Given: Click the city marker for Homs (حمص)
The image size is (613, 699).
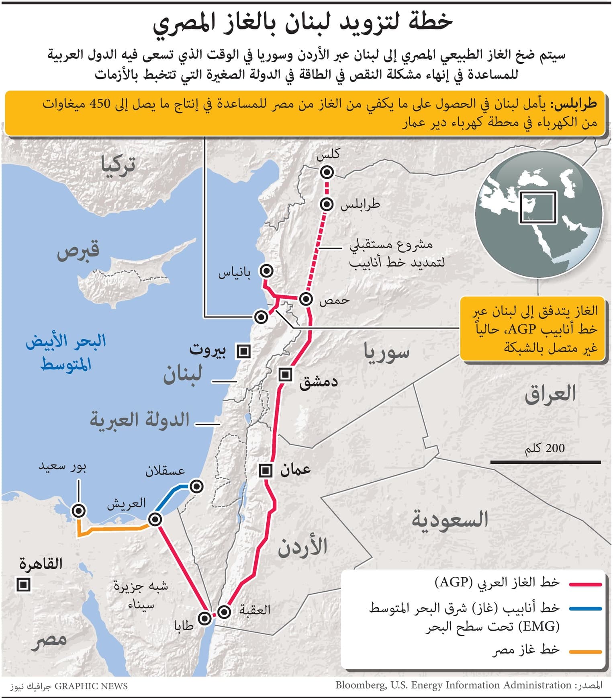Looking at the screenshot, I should point(306,299).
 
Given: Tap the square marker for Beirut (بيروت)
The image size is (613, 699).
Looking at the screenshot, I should point(243,351).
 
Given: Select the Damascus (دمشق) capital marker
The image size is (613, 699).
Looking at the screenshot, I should point(285,375).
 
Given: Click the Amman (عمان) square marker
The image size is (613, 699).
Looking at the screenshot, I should point(266,470).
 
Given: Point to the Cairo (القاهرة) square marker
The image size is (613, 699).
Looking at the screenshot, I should point(23,584).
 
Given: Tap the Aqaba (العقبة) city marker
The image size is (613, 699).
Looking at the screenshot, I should point(224,612).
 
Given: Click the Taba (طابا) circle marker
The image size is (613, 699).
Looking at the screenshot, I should point(205,618).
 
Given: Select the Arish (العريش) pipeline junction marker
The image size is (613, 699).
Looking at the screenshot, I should point(155,519).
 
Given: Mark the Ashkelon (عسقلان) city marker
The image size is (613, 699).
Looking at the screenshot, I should point(196,486).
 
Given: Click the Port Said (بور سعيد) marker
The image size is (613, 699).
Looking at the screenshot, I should point(79,510).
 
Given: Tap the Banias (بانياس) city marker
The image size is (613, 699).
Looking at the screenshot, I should point(266,271).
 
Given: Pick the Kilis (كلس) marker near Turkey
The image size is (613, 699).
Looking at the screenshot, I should point(327,172).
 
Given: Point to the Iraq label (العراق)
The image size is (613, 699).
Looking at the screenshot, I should point(550,394).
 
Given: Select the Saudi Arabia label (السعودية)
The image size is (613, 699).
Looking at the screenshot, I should point(450,520).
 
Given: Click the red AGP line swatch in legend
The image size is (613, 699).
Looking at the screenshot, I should point(585,584).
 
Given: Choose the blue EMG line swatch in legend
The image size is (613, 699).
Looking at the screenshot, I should point(585,609).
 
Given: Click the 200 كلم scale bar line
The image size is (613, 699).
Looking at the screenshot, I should point(546,462).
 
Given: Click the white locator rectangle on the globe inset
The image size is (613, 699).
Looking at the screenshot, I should point(538,207).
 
